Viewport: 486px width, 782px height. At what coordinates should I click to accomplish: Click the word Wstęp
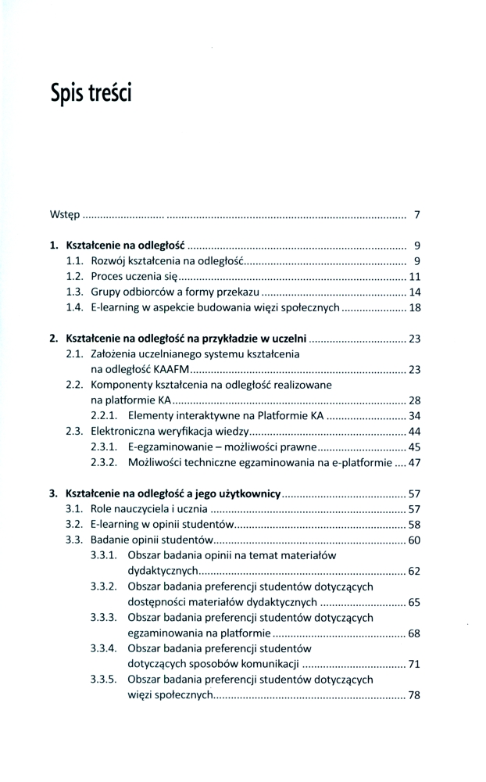click(64, 214)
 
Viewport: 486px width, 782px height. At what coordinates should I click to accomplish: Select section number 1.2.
click(75, 276)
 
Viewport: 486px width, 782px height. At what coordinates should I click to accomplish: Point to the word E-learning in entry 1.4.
click(115, 307)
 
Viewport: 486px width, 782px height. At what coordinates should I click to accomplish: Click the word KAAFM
click(172, 369)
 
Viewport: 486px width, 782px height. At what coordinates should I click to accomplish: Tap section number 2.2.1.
click(104, 415)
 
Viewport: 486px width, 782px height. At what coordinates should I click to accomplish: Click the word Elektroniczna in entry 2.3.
click(123, 431)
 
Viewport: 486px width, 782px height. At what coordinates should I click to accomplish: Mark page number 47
click(415, 462)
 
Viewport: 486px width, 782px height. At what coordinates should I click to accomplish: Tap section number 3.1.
click(75, 509)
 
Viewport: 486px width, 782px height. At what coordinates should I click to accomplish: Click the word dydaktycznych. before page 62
click(164, 571)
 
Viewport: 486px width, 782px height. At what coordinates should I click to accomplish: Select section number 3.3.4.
click(104, 648)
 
